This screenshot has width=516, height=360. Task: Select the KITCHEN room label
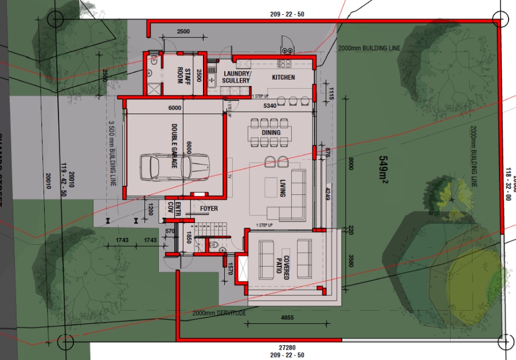[283, 77]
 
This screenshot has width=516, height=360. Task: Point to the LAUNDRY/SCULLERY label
[236, 77]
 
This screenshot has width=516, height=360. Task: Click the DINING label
[271, 133]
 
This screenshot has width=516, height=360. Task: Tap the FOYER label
[209, 209]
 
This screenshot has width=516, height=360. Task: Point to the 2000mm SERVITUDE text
[220, 314]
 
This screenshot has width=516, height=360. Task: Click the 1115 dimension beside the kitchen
[331, 92]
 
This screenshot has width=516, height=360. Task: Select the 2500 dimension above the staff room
[183, 31]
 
